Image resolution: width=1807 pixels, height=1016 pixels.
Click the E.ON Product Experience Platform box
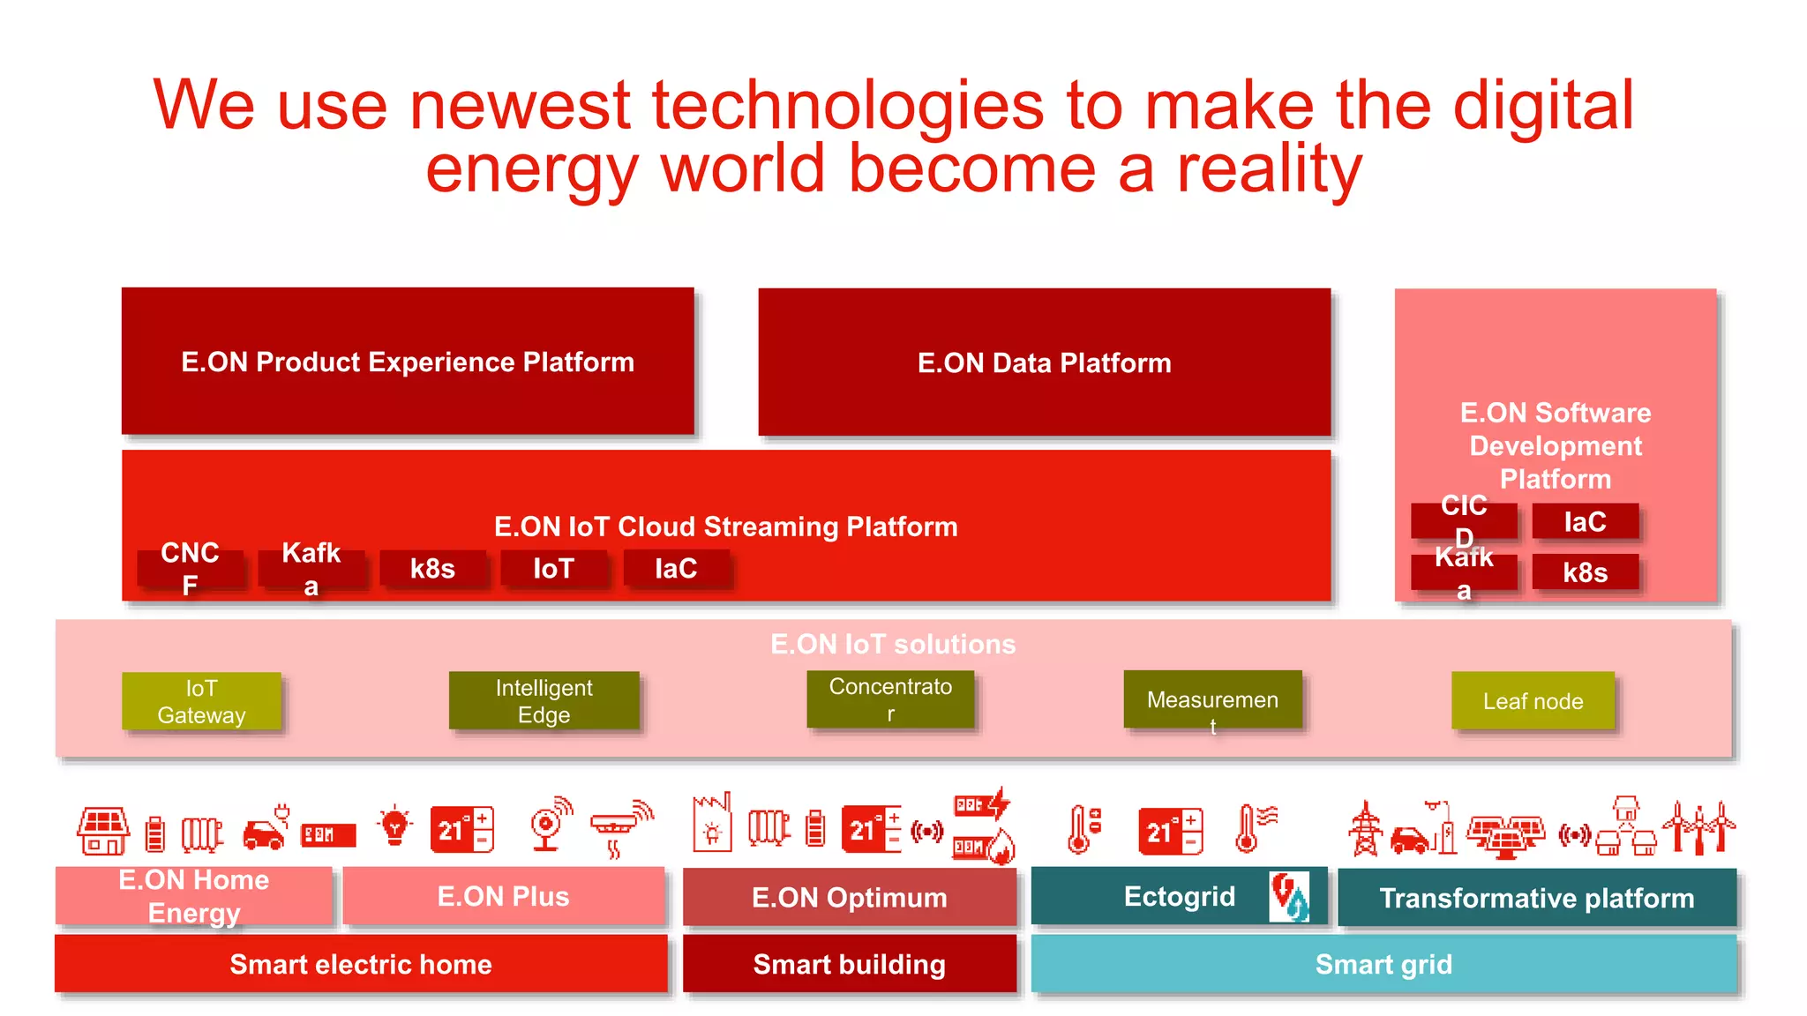(x=408, y=362)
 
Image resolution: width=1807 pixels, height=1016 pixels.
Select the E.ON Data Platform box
(x=1044, y=362)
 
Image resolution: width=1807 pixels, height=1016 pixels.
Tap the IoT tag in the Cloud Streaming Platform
(x=553, y=569)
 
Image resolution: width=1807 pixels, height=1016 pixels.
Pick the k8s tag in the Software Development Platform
(x=1585, y=572)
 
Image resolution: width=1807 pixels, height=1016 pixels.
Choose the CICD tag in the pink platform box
(x=1464, y=520)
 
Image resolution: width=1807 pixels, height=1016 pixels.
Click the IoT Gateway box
(x=201, y=701)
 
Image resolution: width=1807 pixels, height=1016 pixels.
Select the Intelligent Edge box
(x=544, y=701)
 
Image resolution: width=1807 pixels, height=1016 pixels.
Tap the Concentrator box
(x=890, y=699)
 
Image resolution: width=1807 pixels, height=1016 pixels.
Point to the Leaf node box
(x=1533, y=701)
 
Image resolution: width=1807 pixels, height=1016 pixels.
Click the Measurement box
(x=1212, y=700)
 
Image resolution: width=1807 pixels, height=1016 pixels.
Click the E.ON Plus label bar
(x=503, y=897)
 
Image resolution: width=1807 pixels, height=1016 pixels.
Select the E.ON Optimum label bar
(x=849, y=898)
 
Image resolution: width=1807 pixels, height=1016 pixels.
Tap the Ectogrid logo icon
(x=1289, y=897)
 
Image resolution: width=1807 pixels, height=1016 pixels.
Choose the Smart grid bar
(x=1383, y=964)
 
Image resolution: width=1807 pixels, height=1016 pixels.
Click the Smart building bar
(x=849, y=964)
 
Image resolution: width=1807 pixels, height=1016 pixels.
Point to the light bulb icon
(x=394, y=826)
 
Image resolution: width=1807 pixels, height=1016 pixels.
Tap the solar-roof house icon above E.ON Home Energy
(x=102, y=831)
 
